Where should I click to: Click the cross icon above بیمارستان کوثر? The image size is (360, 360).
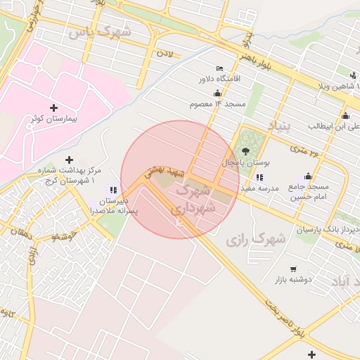tap(53, 108)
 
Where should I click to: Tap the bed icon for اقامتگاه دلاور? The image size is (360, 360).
tap(219, 67)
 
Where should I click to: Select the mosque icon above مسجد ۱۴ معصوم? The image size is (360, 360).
tap(217, 93)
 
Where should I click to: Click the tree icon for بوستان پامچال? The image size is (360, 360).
tap(245, 150)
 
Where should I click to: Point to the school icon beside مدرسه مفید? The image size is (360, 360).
tap(259, 177)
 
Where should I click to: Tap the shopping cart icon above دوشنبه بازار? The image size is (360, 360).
tap(293, 269)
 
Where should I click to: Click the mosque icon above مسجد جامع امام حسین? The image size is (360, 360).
tap(308, 176)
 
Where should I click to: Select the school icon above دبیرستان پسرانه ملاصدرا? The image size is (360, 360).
tap(112, 189)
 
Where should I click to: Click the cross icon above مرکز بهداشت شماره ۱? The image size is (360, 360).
tap(69, 160)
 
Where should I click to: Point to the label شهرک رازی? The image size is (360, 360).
tap(256, 240)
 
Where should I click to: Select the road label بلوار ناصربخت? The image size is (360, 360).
tap(288, 321)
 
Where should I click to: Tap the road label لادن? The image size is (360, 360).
tap(165, 53)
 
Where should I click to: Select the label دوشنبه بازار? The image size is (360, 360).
tap(304, 279)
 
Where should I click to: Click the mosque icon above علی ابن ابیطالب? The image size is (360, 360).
tap(345, 116)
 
